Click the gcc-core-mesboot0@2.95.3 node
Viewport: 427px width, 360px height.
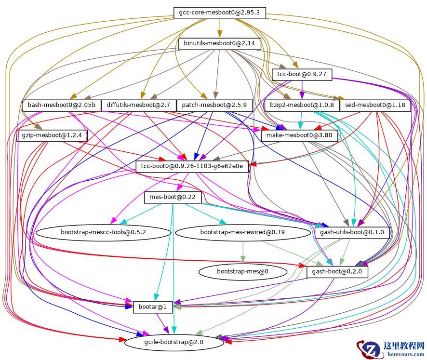(x=219, y=13)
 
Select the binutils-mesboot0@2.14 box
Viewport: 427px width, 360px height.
(x=219, y=44)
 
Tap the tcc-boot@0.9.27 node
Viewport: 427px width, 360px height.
(x=302, y=74)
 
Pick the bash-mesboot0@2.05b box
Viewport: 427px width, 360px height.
(x=61, y=105)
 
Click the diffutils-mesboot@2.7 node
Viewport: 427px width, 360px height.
(x=138, y=105)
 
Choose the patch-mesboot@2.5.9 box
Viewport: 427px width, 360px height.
(x=215, y=105)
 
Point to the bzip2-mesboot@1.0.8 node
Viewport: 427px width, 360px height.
(x=302, y=105)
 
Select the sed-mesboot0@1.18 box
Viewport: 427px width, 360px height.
(x=375, y=105)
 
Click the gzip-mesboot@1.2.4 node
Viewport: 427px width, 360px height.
(x=52, y=136)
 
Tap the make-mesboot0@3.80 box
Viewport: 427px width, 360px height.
(x=299, y=136)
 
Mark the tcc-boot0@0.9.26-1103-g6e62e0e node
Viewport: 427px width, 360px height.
(x=192, y=167)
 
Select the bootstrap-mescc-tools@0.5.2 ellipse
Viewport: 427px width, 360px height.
(x=103, y=232)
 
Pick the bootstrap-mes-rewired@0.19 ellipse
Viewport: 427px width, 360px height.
(x=242, y=232)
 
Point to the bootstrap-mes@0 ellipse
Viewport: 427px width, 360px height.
(x=242, y=271)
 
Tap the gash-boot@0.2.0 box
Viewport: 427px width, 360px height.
(x=337, y=272)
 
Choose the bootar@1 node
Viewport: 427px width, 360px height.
(x=153, y=307)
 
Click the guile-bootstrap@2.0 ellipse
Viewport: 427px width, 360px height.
(x=174, y=342)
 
